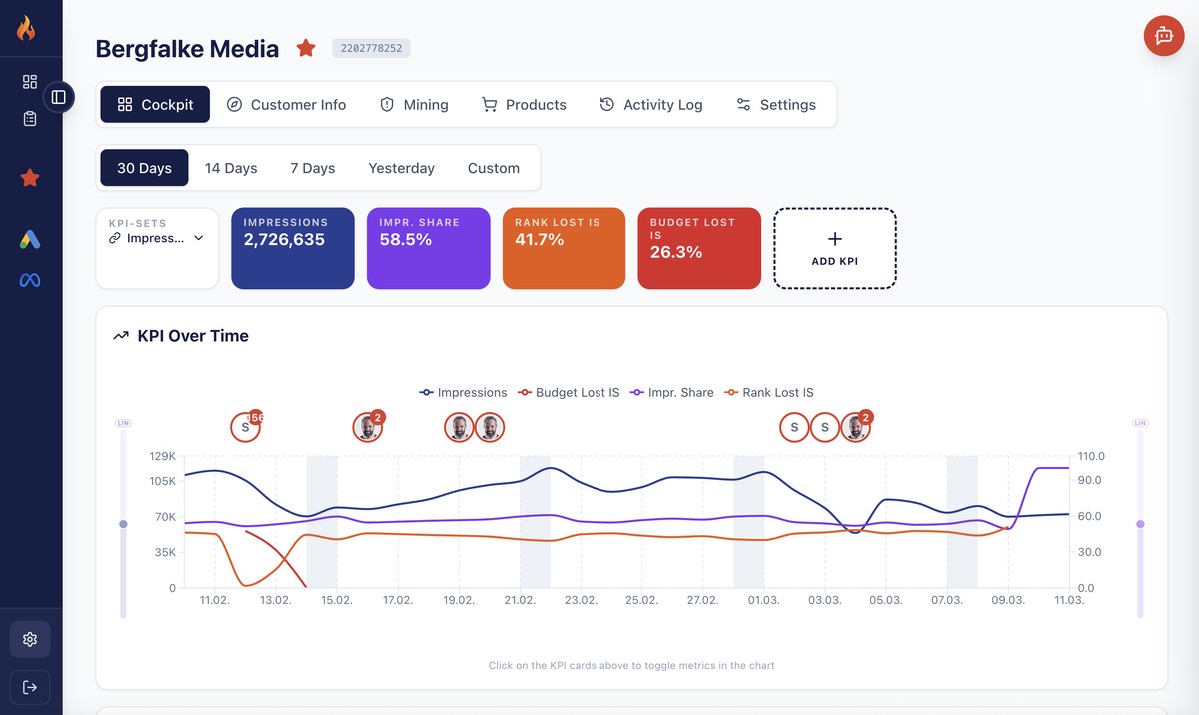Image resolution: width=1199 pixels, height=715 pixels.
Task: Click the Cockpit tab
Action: [155, 104]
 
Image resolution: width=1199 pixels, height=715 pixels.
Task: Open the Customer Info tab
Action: [286, 104]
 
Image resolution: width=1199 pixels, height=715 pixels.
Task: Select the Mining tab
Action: [414, 104]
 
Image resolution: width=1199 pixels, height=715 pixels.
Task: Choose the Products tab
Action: [524, 104]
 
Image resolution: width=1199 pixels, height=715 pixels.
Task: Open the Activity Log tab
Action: [651, 104]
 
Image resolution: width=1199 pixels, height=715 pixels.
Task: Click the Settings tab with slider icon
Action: [776, 104]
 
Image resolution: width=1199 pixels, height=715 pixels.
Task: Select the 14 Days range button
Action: [231, 168]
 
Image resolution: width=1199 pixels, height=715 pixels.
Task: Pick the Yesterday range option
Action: [401, 168]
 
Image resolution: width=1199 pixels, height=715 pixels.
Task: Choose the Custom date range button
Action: [494, 168]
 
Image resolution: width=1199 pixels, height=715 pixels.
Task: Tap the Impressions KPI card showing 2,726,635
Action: [293, 248]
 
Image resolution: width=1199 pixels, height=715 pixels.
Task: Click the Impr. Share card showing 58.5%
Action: [428, 248]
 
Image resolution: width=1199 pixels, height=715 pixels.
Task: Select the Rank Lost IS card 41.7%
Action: [564, 248]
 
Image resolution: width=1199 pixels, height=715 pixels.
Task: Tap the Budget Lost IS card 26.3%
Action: [699, 248]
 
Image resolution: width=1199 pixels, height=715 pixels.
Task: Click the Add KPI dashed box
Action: [835, 248]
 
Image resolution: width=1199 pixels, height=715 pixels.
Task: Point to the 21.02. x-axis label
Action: [520, 600]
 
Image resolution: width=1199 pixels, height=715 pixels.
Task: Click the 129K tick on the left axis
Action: [162, 456]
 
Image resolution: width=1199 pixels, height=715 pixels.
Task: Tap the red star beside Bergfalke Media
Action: [306, 48]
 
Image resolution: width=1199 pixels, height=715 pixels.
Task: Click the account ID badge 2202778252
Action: [371, 48]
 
